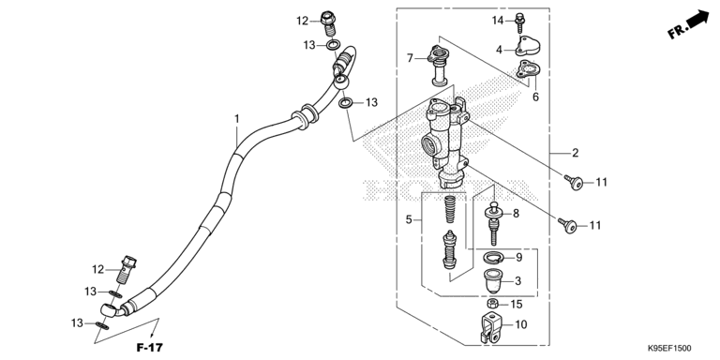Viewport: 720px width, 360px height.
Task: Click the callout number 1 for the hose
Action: pos(237,119)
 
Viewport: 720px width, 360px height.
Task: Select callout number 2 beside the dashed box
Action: pos(576,153)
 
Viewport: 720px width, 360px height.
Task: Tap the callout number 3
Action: pos(517,279)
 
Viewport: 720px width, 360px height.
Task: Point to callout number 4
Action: pos(500,50)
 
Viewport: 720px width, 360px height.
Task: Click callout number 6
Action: pos(535,97)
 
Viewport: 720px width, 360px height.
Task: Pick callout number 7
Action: pos(410,58)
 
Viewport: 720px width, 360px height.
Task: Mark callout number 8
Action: pos(516,214)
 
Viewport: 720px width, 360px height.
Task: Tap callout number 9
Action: pos(517,256)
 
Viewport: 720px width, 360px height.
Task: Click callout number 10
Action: pos(521,324)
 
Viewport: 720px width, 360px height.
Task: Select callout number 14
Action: pos(498,20)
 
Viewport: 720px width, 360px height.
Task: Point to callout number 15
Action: pos(517,305)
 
